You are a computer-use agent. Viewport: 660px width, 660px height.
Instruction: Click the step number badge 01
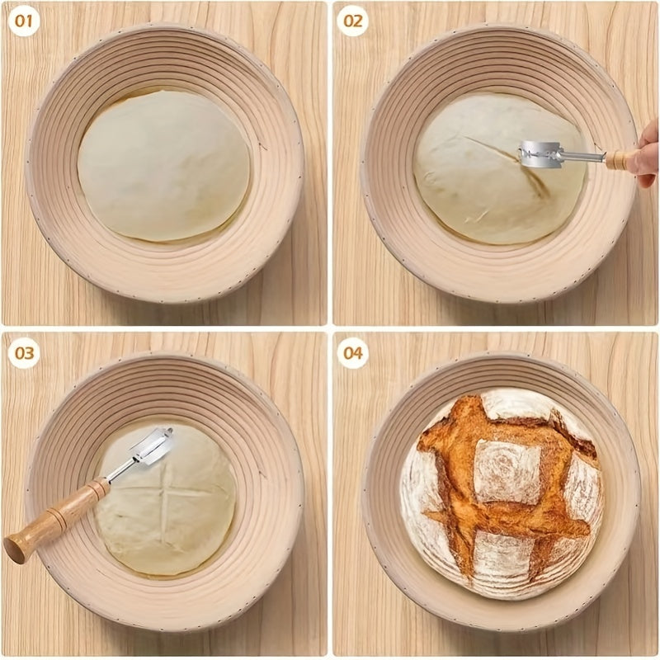click(25, 21)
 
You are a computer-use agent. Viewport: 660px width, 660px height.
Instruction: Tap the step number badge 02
click(353, 21)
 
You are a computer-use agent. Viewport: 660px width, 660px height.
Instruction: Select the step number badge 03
click(25, 353)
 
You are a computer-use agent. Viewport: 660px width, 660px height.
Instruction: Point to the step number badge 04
click(353, 353)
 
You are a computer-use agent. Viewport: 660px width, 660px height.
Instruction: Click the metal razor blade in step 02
click(540, 153)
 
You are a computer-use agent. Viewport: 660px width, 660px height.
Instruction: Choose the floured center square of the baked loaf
click(507, 470)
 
